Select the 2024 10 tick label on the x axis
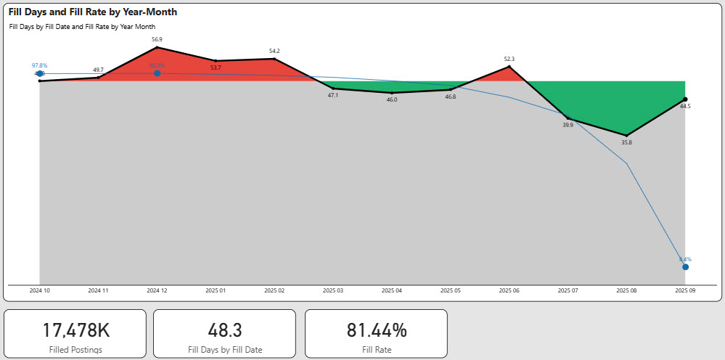coord(39,290)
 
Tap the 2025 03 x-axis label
coord(333,290)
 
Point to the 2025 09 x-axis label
coord(685,290)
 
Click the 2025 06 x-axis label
coord(509,290)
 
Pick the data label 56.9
coord(157,40)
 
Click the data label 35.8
coord(626,142)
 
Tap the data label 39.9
coord(568,125)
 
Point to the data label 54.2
coord(274,51)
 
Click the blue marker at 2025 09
coord(685,267)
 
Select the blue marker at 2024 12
coord(157,73)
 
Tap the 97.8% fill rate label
coord(39,65)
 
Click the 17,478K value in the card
coord(75,330)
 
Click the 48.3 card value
coord(224,330)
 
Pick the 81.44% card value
coord(375,330)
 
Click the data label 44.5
coord(685,106)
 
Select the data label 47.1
coord(333,95)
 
